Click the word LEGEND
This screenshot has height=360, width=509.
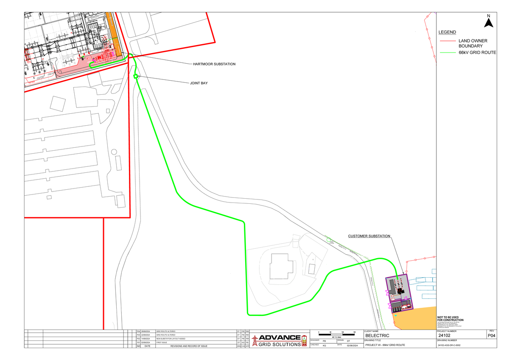[x=447, y=32]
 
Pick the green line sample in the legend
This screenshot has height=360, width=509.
[x=447, y=53]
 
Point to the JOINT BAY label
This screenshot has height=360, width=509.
[x=199, y=83]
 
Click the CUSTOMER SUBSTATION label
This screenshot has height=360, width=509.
[x=369, y=236]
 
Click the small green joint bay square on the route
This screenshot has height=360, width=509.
[x=136, y=76]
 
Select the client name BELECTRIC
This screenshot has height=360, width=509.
[x=377, y=336]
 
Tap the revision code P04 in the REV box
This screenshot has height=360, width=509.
[x=491, y=336]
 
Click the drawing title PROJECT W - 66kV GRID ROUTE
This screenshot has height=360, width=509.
[x=385, y=345]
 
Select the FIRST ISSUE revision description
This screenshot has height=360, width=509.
[x=162, y=342]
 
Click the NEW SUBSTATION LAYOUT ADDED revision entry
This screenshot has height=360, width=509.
[x=171, y=338]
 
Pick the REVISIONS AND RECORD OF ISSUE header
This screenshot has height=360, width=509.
[x=189, y=346]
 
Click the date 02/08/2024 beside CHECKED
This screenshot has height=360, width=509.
[x=352, y=345]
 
